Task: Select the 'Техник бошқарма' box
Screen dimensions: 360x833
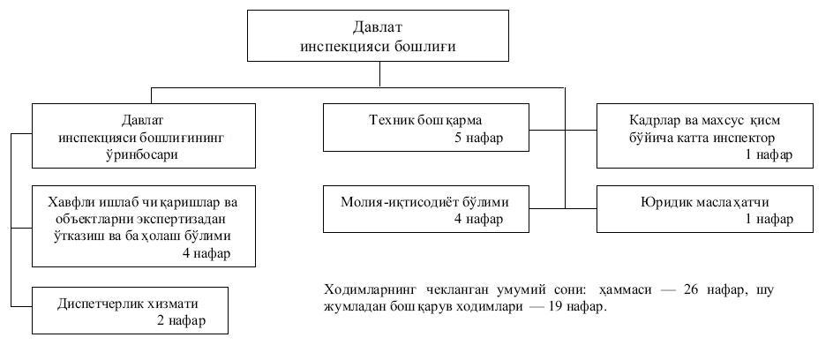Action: tap(426, 127)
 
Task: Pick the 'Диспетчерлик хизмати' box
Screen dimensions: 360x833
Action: tap(130, 311)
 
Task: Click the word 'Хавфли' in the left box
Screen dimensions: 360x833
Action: tap(70, 202)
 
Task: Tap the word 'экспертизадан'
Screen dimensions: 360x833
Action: tap(188, 220)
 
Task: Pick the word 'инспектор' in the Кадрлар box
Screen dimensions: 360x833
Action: tap(744, 137)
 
